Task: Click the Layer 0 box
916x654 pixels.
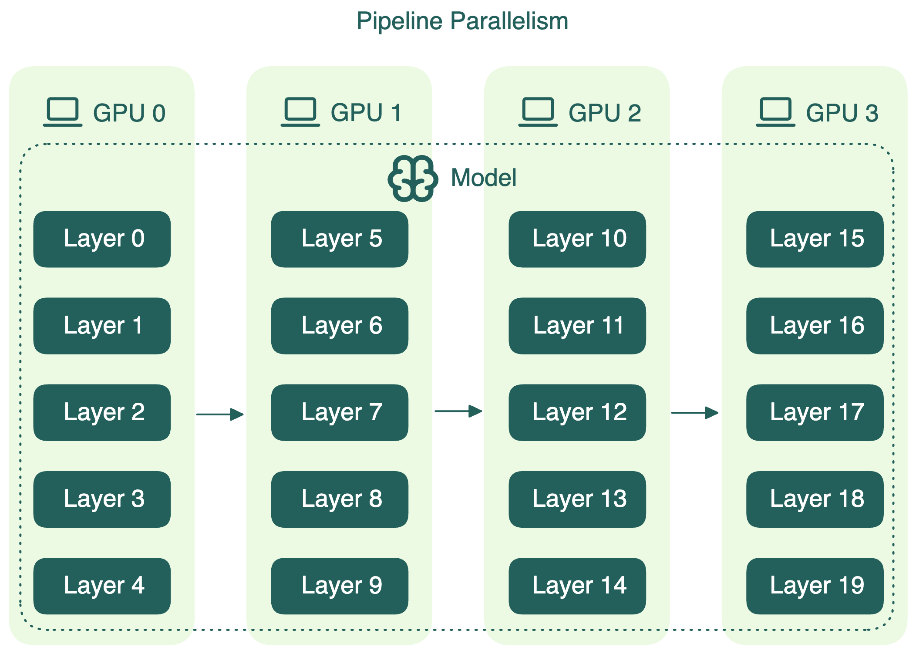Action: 102,239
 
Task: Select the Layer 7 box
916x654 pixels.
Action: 340,412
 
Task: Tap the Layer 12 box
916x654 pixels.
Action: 577,412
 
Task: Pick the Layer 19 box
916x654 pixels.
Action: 815,586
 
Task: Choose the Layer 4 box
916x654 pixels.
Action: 102,586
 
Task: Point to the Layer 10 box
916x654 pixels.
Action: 577,239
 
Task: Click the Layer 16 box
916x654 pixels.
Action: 815,326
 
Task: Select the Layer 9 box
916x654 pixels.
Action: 340,586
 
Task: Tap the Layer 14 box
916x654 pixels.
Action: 577,586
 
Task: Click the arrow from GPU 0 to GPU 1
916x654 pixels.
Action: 220,414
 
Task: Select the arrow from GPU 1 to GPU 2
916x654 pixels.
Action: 458,411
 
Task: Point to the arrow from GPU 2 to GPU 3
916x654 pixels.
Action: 695,412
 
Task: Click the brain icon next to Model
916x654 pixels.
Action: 412,179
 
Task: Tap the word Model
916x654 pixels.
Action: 484,178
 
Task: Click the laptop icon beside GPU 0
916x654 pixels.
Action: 63,112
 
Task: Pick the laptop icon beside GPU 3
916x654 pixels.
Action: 775,112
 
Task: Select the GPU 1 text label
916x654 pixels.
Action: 366,113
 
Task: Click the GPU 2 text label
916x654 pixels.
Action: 604,113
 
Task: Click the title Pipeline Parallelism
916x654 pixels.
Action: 462,21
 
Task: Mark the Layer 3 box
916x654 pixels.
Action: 102,499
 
